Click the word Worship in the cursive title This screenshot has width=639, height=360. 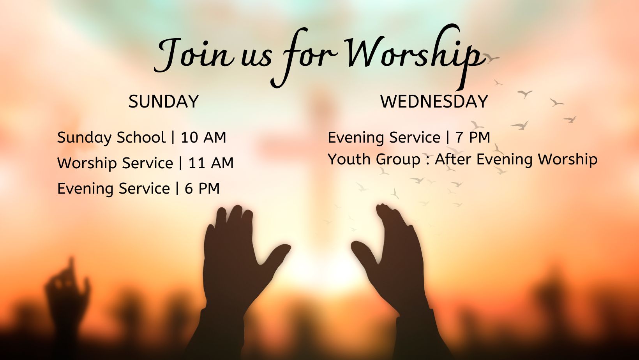tap(413, 55)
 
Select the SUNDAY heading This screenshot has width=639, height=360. tap(164, 102)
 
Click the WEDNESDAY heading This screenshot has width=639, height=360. tap(434, 102)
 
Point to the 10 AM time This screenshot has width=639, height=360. tap(203, 138)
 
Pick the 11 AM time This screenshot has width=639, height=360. tap(211, 163)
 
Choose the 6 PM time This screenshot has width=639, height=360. tap(202, 189)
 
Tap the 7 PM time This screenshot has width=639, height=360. tap(473, 138)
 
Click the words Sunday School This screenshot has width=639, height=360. tap(111, 138)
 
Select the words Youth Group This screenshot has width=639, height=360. tap(374, 159)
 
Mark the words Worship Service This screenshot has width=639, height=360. tap(115, 163)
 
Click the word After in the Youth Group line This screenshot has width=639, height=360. tap(454, 159)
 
